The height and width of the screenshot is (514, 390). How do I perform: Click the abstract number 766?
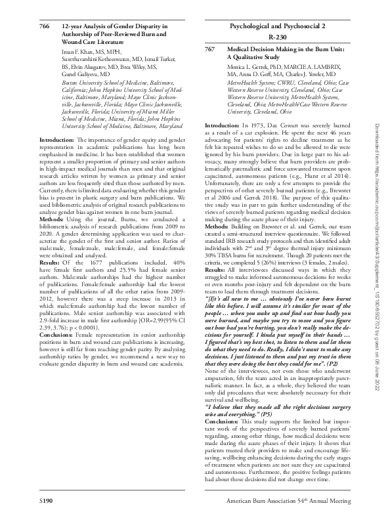click(x=45, y=24)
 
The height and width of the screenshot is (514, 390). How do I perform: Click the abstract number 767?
click(x=210, y=49)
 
